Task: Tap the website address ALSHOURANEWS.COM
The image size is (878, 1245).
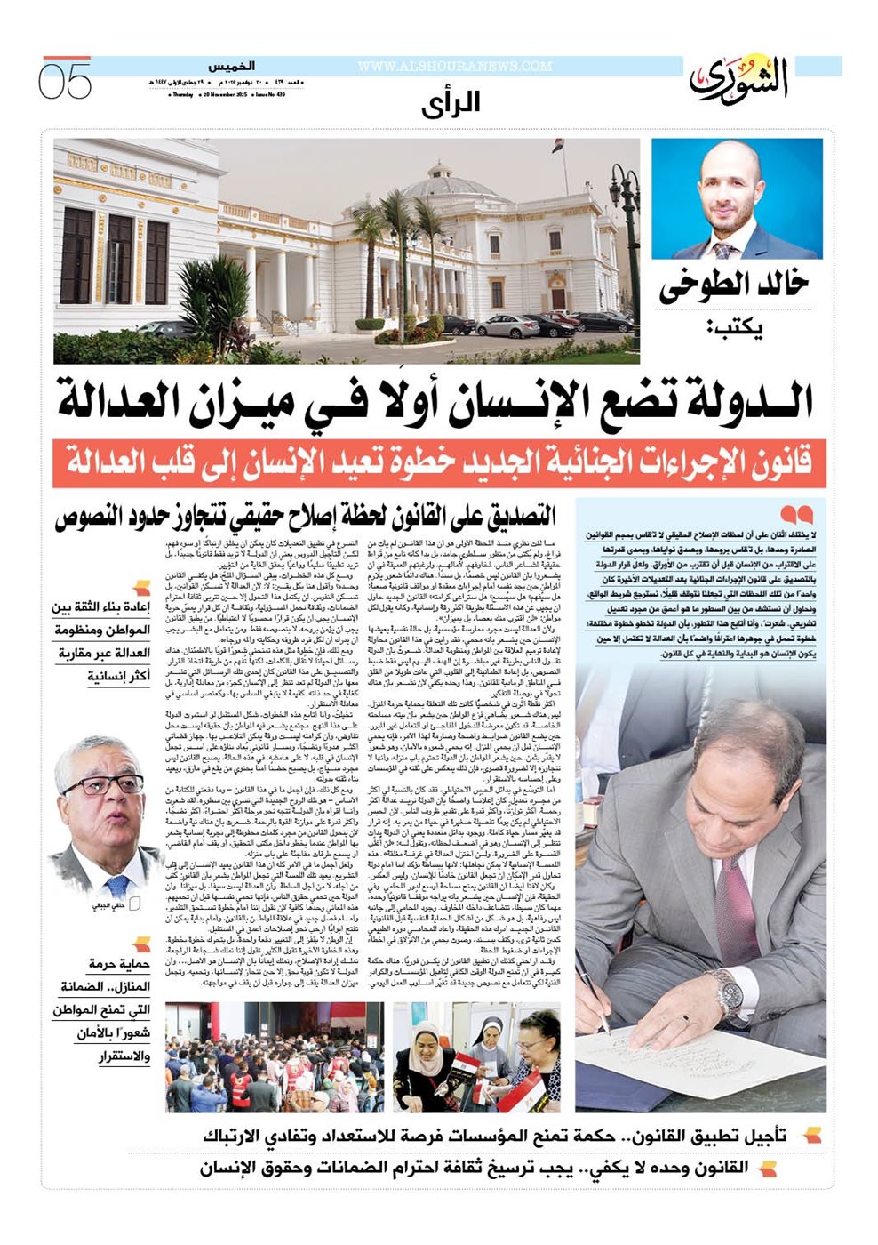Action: click(454, 67)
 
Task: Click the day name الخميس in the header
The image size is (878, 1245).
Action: click(232, 67)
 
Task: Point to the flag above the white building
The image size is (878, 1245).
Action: click(555, 144)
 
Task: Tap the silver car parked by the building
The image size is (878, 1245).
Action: click(507, 325)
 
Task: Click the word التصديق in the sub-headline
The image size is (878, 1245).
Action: click(511, 516)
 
